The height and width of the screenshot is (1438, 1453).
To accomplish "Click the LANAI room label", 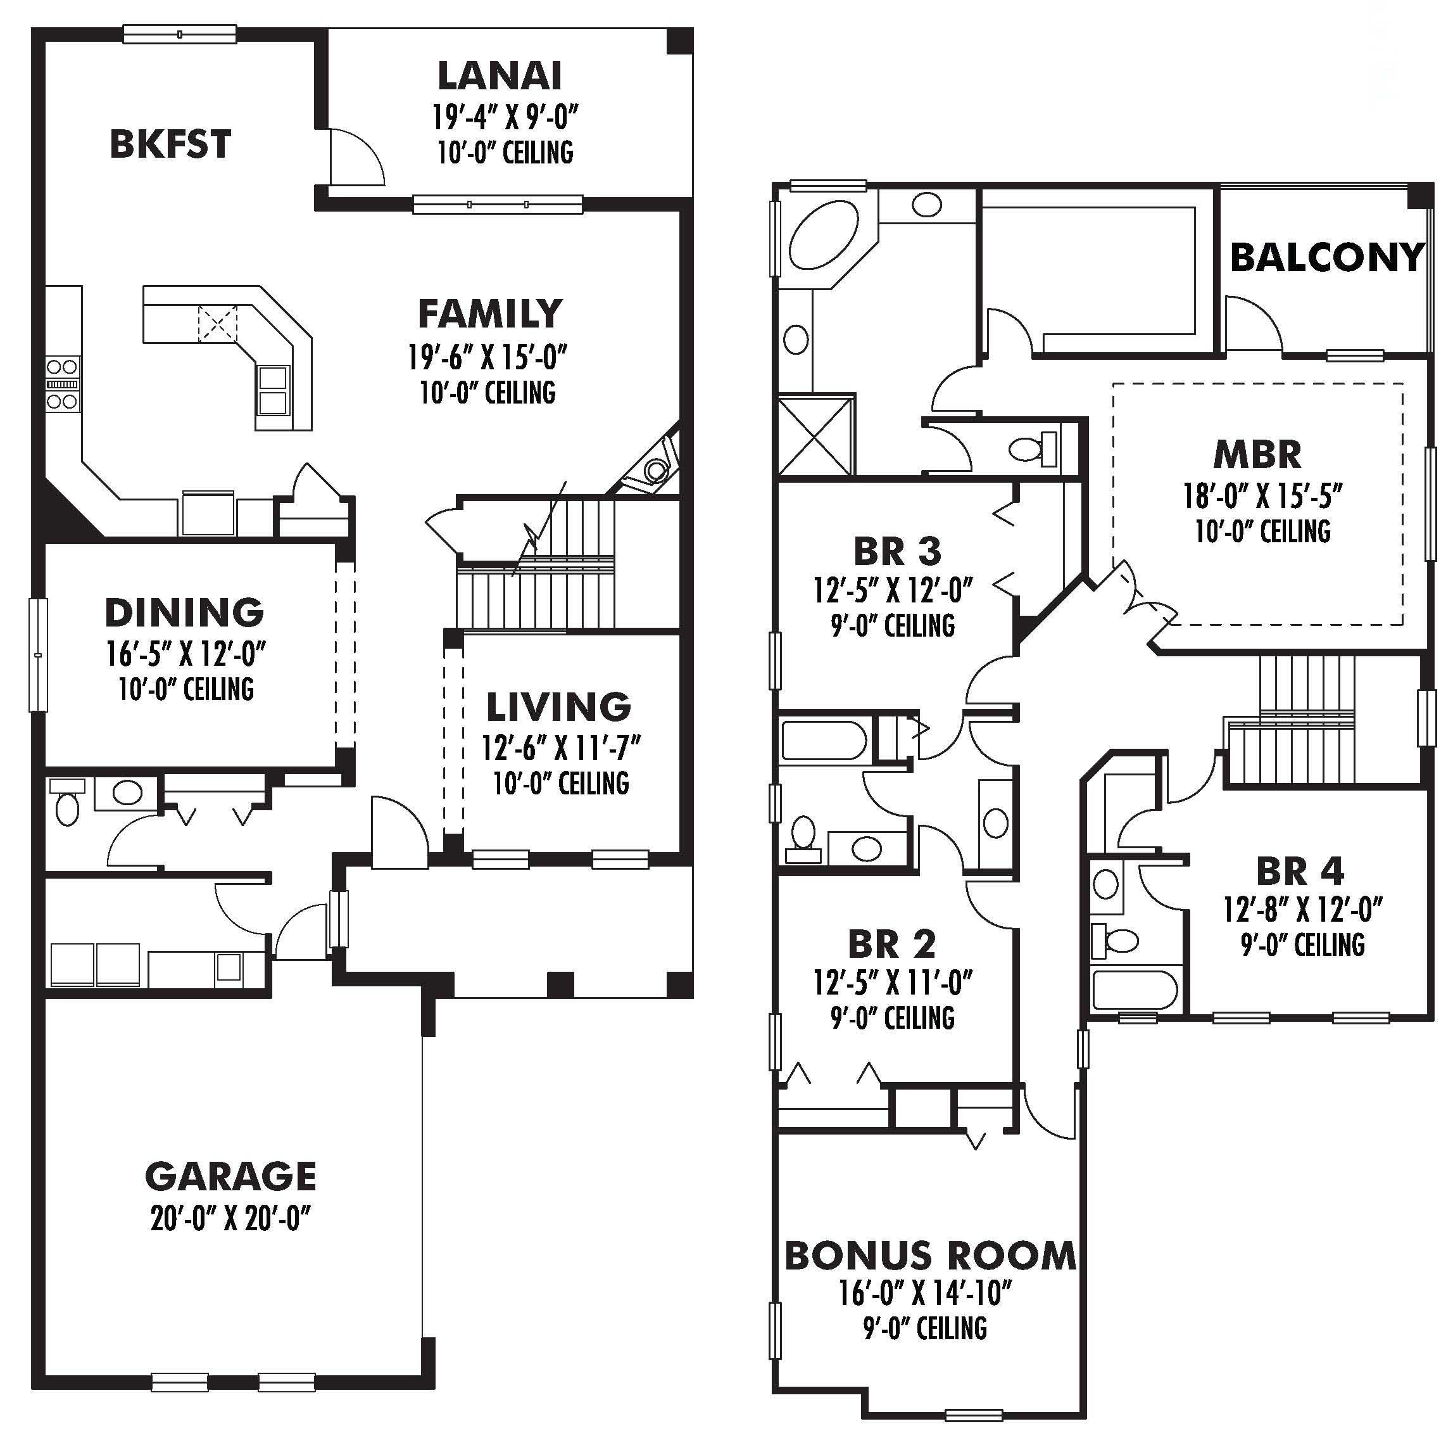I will click(500, 76).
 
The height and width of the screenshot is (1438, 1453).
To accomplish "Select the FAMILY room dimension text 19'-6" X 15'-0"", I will click(487, 357).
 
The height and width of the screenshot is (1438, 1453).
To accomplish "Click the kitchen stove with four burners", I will click(61, 384).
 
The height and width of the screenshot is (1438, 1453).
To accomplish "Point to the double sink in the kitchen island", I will click(273, 390).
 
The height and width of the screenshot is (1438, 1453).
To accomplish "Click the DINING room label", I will click(184, 613).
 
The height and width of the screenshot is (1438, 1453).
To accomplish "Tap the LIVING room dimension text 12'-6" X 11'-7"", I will click(561, 748).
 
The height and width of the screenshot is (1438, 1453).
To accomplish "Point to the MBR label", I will click(1257, 454).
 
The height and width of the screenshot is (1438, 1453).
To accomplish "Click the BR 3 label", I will click(897, 552).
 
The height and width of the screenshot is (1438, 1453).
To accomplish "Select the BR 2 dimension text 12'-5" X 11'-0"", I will click(893, 982).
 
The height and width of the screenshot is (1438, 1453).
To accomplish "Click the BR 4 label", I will click(1300, 872).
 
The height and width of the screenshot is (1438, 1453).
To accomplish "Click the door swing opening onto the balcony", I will click(1252, 324).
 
